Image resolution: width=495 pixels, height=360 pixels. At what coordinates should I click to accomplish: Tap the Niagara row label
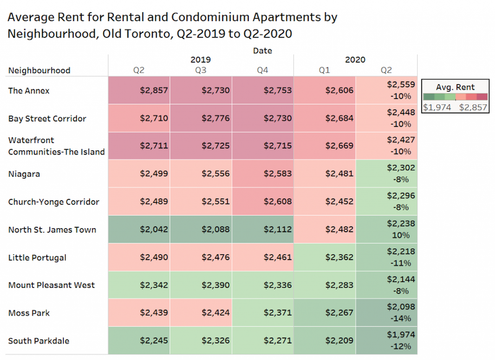pyautogui.click(x=24, y=174)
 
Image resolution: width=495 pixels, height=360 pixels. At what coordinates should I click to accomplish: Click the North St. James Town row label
pyautogui.click(x=52, y=229)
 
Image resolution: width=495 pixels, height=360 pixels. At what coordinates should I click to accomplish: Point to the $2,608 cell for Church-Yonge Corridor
pyautogui.click(x=277, y=202)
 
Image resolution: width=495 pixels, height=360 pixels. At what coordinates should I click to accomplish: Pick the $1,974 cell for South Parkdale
pyautogui.click(x=401, y=335)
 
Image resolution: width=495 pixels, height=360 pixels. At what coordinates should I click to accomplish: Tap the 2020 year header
pyautogui.click(x=355, y=60)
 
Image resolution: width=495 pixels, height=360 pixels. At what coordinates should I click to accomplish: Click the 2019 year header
pyautogui.click(x=201, y=60)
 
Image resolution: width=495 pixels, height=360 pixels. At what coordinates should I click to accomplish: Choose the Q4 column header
pyautogui.click(x=263, y=71)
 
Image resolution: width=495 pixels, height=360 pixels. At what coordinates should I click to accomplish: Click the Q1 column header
pyautogui.click(x=324, y=71)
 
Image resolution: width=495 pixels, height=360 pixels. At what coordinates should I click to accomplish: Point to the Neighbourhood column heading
pyautogui.click(x=39, y=71)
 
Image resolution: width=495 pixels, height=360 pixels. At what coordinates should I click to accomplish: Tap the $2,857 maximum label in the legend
pyautogui.click(x=473, y=107)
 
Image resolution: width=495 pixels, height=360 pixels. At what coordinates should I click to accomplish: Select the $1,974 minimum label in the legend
pyautogui.click(x=436, y=107)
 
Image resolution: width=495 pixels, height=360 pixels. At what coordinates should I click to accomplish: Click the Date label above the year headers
pyautogui.click(x=262, y=50)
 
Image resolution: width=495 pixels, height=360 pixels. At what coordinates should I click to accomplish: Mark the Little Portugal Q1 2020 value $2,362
pyautogui.click(x=338, y=257)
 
